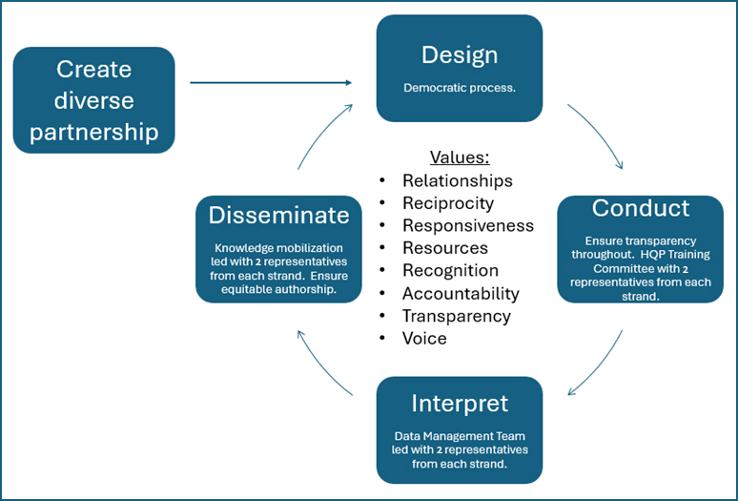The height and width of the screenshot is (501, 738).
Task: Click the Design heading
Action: point(460,54)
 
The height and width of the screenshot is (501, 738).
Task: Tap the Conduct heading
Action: point(640,207)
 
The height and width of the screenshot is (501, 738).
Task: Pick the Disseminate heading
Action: point(278,215)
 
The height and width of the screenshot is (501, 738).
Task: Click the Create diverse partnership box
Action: point(94,100)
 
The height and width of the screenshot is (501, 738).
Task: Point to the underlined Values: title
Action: point(459,157)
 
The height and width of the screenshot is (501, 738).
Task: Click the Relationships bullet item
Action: point(457,180)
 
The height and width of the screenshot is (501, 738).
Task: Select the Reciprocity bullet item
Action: point(447,203)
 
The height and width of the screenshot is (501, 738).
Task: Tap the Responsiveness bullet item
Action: point(467,225)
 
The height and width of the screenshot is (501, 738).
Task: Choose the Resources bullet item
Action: point(443,248)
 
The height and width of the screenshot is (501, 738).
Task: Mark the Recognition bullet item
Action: point(450,271)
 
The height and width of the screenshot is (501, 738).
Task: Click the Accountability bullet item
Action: point(461,294)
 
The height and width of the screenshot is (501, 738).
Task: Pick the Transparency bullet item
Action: point(456,316)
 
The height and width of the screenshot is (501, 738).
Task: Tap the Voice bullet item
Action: point(424,339)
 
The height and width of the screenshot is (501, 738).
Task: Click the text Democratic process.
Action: point(460,87)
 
